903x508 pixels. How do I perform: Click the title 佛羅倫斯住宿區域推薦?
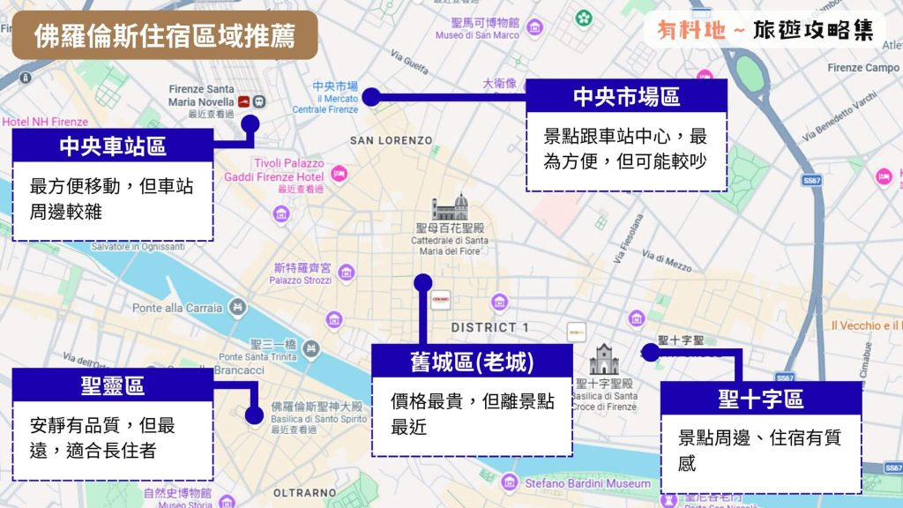[164, 35]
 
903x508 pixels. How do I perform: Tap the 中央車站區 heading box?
[113, 146]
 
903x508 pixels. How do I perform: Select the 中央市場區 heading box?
[626, 96]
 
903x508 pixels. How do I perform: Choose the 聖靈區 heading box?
[113, 385]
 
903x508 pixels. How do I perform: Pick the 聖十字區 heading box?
[760, 398]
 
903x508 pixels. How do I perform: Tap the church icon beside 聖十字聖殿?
[604, 360]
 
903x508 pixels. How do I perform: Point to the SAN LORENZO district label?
[392, 140]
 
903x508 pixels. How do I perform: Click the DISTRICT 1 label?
[490, 327]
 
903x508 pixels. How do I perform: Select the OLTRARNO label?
[304, 492]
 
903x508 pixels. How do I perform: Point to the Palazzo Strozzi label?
[302, 280]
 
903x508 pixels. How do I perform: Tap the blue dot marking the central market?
[371, 97]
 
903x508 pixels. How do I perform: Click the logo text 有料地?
[691, 31]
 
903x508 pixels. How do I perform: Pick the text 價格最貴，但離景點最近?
[472, 415]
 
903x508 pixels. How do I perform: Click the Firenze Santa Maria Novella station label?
[201, 96]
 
